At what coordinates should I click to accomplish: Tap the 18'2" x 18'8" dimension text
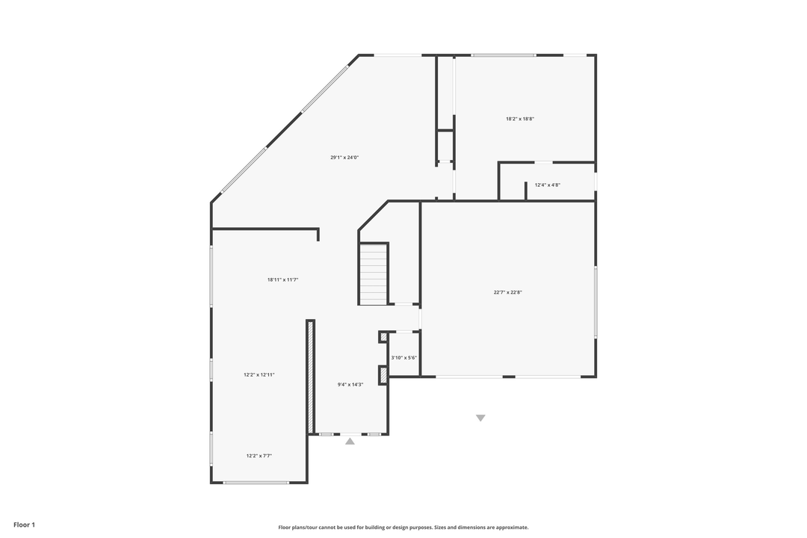(520, 119)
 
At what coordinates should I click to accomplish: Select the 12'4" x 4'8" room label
(548, 185)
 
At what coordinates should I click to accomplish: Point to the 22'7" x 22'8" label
(507, 292)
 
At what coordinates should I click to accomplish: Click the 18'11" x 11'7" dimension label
(283, 279)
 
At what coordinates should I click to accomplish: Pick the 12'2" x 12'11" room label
(259, 374)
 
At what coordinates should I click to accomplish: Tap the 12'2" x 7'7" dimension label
(259, 455)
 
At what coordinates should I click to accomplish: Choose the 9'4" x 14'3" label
(350, 385)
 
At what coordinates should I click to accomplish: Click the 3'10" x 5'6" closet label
(403, 358)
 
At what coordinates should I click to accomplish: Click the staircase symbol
(374, 273)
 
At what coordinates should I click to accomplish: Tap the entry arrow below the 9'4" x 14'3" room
(350, 442)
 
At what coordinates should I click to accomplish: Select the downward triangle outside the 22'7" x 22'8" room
(480, 418)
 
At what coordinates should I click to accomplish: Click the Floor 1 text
(24, 525)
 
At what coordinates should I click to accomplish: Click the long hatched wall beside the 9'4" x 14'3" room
(310, 376)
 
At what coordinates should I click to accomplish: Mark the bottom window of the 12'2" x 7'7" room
(256, 483)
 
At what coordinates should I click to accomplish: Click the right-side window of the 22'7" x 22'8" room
(596, 302)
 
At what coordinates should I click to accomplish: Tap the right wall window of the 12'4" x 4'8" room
(596, 182)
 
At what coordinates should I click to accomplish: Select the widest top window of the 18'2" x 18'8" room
(504, 55)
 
